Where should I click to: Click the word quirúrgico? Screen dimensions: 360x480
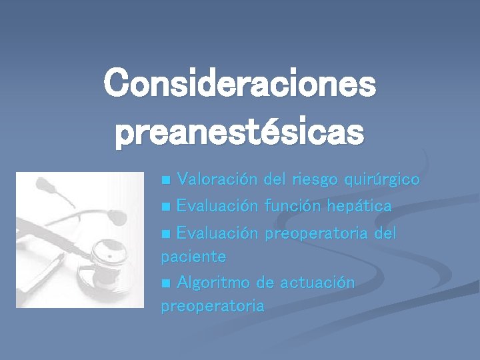coord(381,180)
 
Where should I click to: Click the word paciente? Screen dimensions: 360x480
coord(193,257)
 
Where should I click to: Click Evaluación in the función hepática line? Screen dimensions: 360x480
coord(217,206)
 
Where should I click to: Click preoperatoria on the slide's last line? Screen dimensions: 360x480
coord(212,307)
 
